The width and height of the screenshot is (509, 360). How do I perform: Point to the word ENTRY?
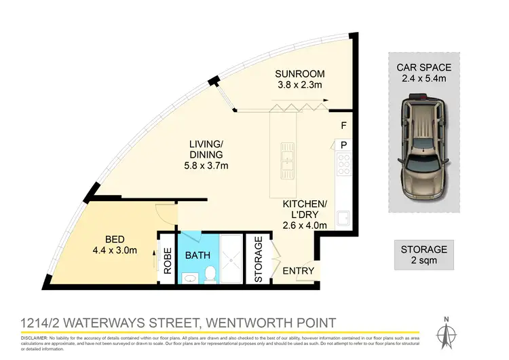click(x=299, y=271)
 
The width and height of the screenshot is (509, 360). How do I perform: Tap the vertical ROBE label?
click(x=167, y=259)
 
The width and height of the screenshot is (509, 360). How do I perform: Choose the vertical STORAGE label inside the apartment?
click(x=258, y=259)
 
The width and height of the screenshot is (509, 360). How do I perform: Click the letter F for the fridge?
click(x=343, y=126)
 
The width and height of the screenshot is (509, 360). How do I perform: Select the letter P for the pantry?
click(x=343, y=145)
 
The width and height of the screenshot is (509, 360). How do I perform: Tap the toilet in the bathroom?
click(x=210, y=274)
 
